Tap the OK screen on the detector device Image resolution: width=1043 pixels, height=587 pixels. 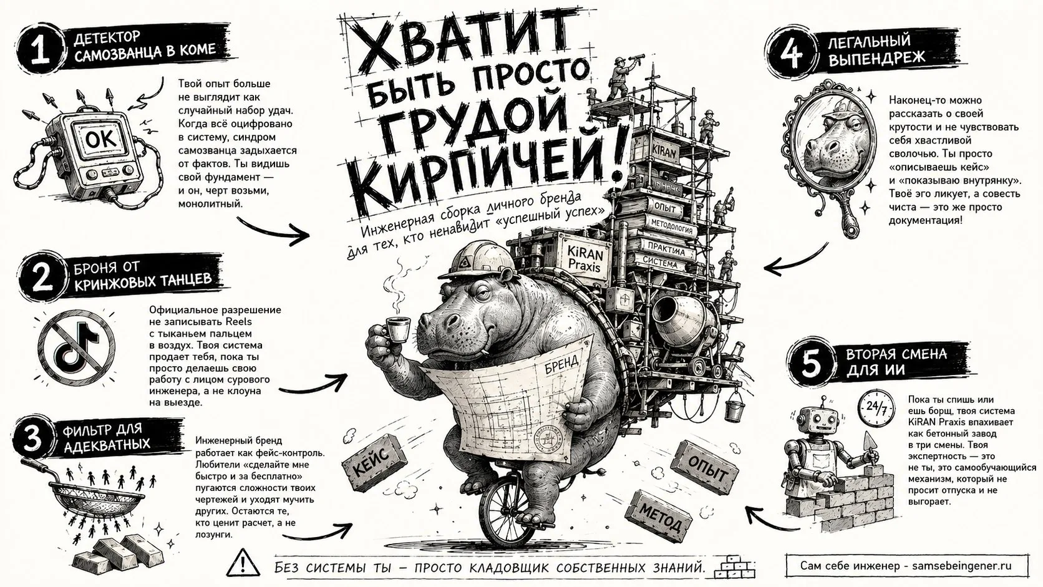102,138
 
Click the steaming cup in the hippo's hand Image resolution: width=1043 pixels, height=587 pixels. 397,329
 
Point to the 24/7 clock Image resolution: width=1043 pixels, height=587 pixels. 876,408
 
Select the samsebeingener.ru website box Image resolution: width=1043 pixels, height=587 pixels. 906,566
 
